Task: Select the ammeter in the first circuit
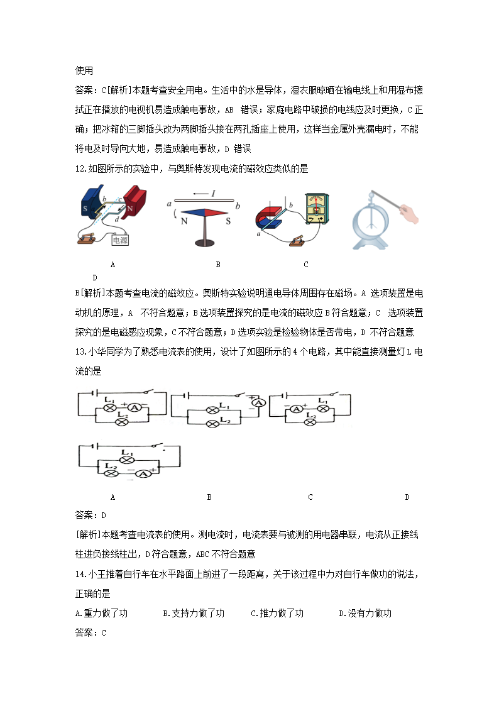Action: (133, 407)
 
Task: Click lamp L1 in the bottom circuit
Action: (128, 460)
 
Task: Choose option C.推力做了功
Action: (277, 613)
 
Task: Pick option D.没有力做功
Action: (365, 613)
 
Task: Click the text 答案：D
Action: (90, 516)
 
